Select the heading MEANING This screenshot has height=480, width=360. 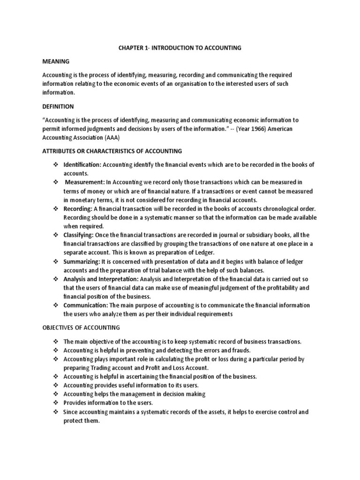tap(56, 61)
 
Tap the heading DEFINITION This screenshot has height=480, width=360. tap(58, 106)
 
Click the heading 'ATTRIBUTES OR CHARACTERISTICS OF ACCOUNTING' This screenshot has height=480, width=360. tap(112, 151)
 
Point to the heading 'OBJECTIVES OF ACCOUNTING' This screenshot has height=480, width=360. tap(81, 327)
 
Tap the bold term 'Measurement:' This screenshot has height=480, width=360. tap(85, 182)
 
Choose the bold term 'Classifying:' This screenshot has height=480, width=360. tap(79, 234)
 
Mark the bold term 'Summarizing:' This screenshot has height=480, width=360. tap(81, 262)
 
